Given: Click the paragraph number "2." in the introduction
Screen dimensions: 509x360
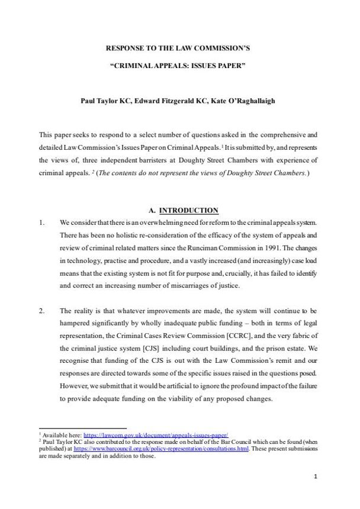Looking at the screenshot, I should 41,310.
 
